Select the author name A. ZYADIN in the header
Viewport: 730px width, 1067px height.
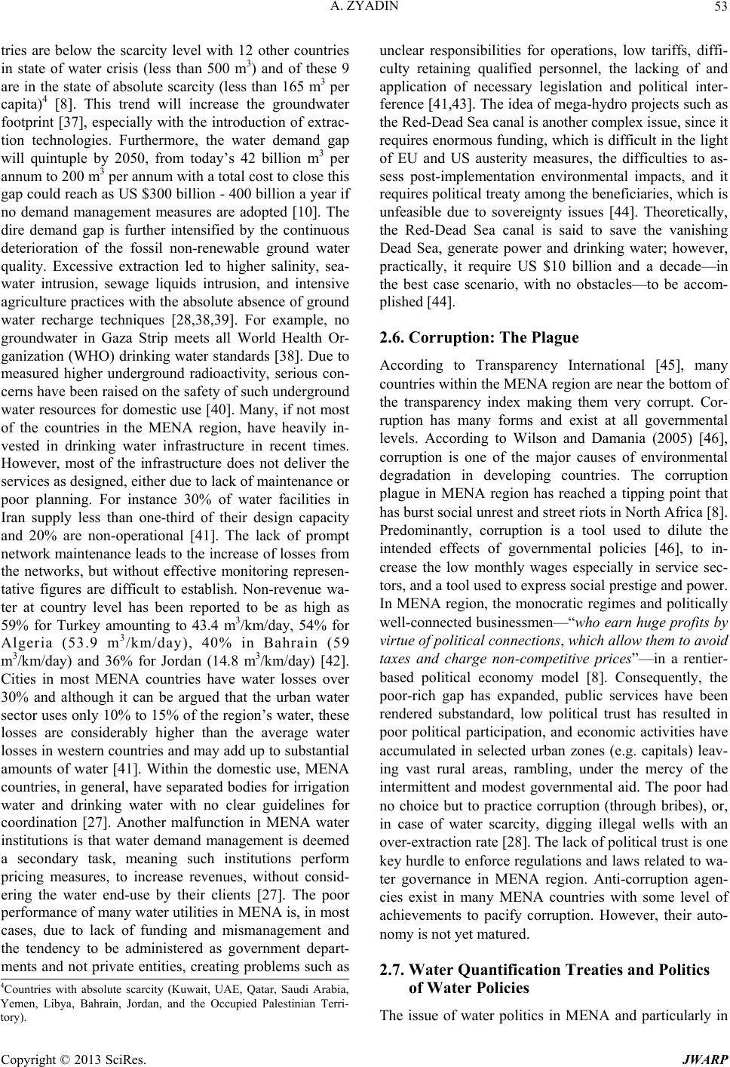365,9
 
